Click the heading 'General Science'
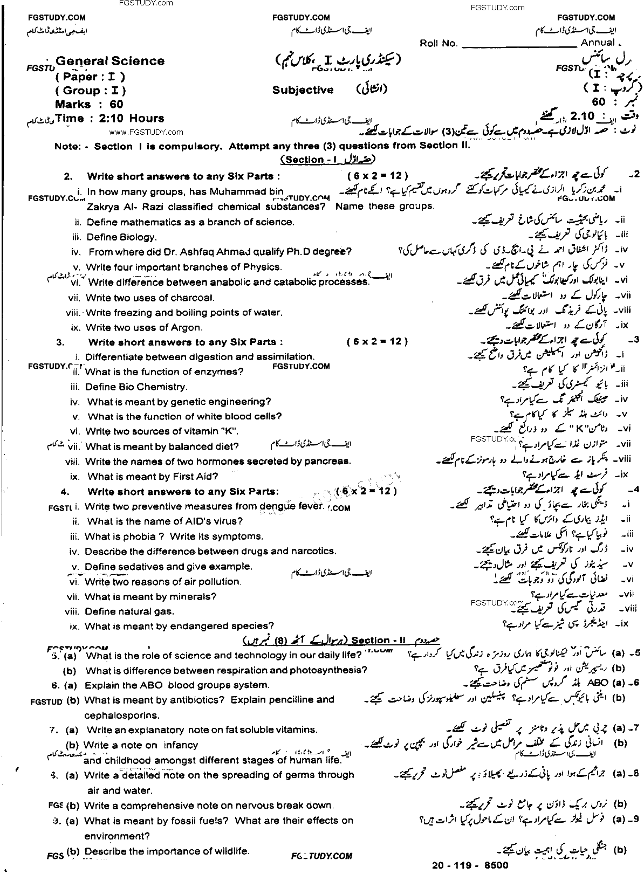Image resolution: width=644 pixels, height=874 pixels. [110, 61]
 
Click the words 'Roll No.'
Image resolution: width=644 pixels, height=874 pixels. [438, 44]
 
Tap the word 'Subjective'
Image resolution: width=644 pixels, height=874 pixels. [303, 90]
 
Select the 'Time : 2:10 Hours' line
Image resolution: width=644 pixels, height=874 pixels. [109, 119]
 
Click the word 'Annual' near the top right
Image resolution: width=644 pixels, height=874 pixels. [598, 43]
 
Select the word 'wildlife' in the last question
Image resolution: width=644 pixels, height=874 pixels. [230, 851]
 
